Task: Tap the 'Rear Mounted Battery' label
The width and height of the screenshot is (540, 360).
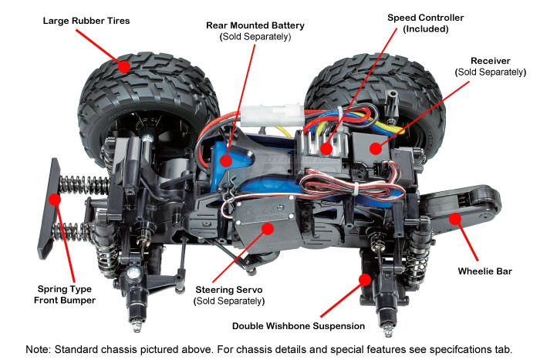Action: click(255, 25)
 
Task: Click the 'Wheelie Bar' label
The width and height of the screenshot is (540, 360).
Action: click(484, 271)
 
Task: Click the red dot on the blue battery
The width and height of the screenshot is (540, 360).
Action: click(226, 160)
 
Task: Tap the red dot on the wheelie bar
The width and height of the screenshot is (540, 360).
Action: click(454, 219)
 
